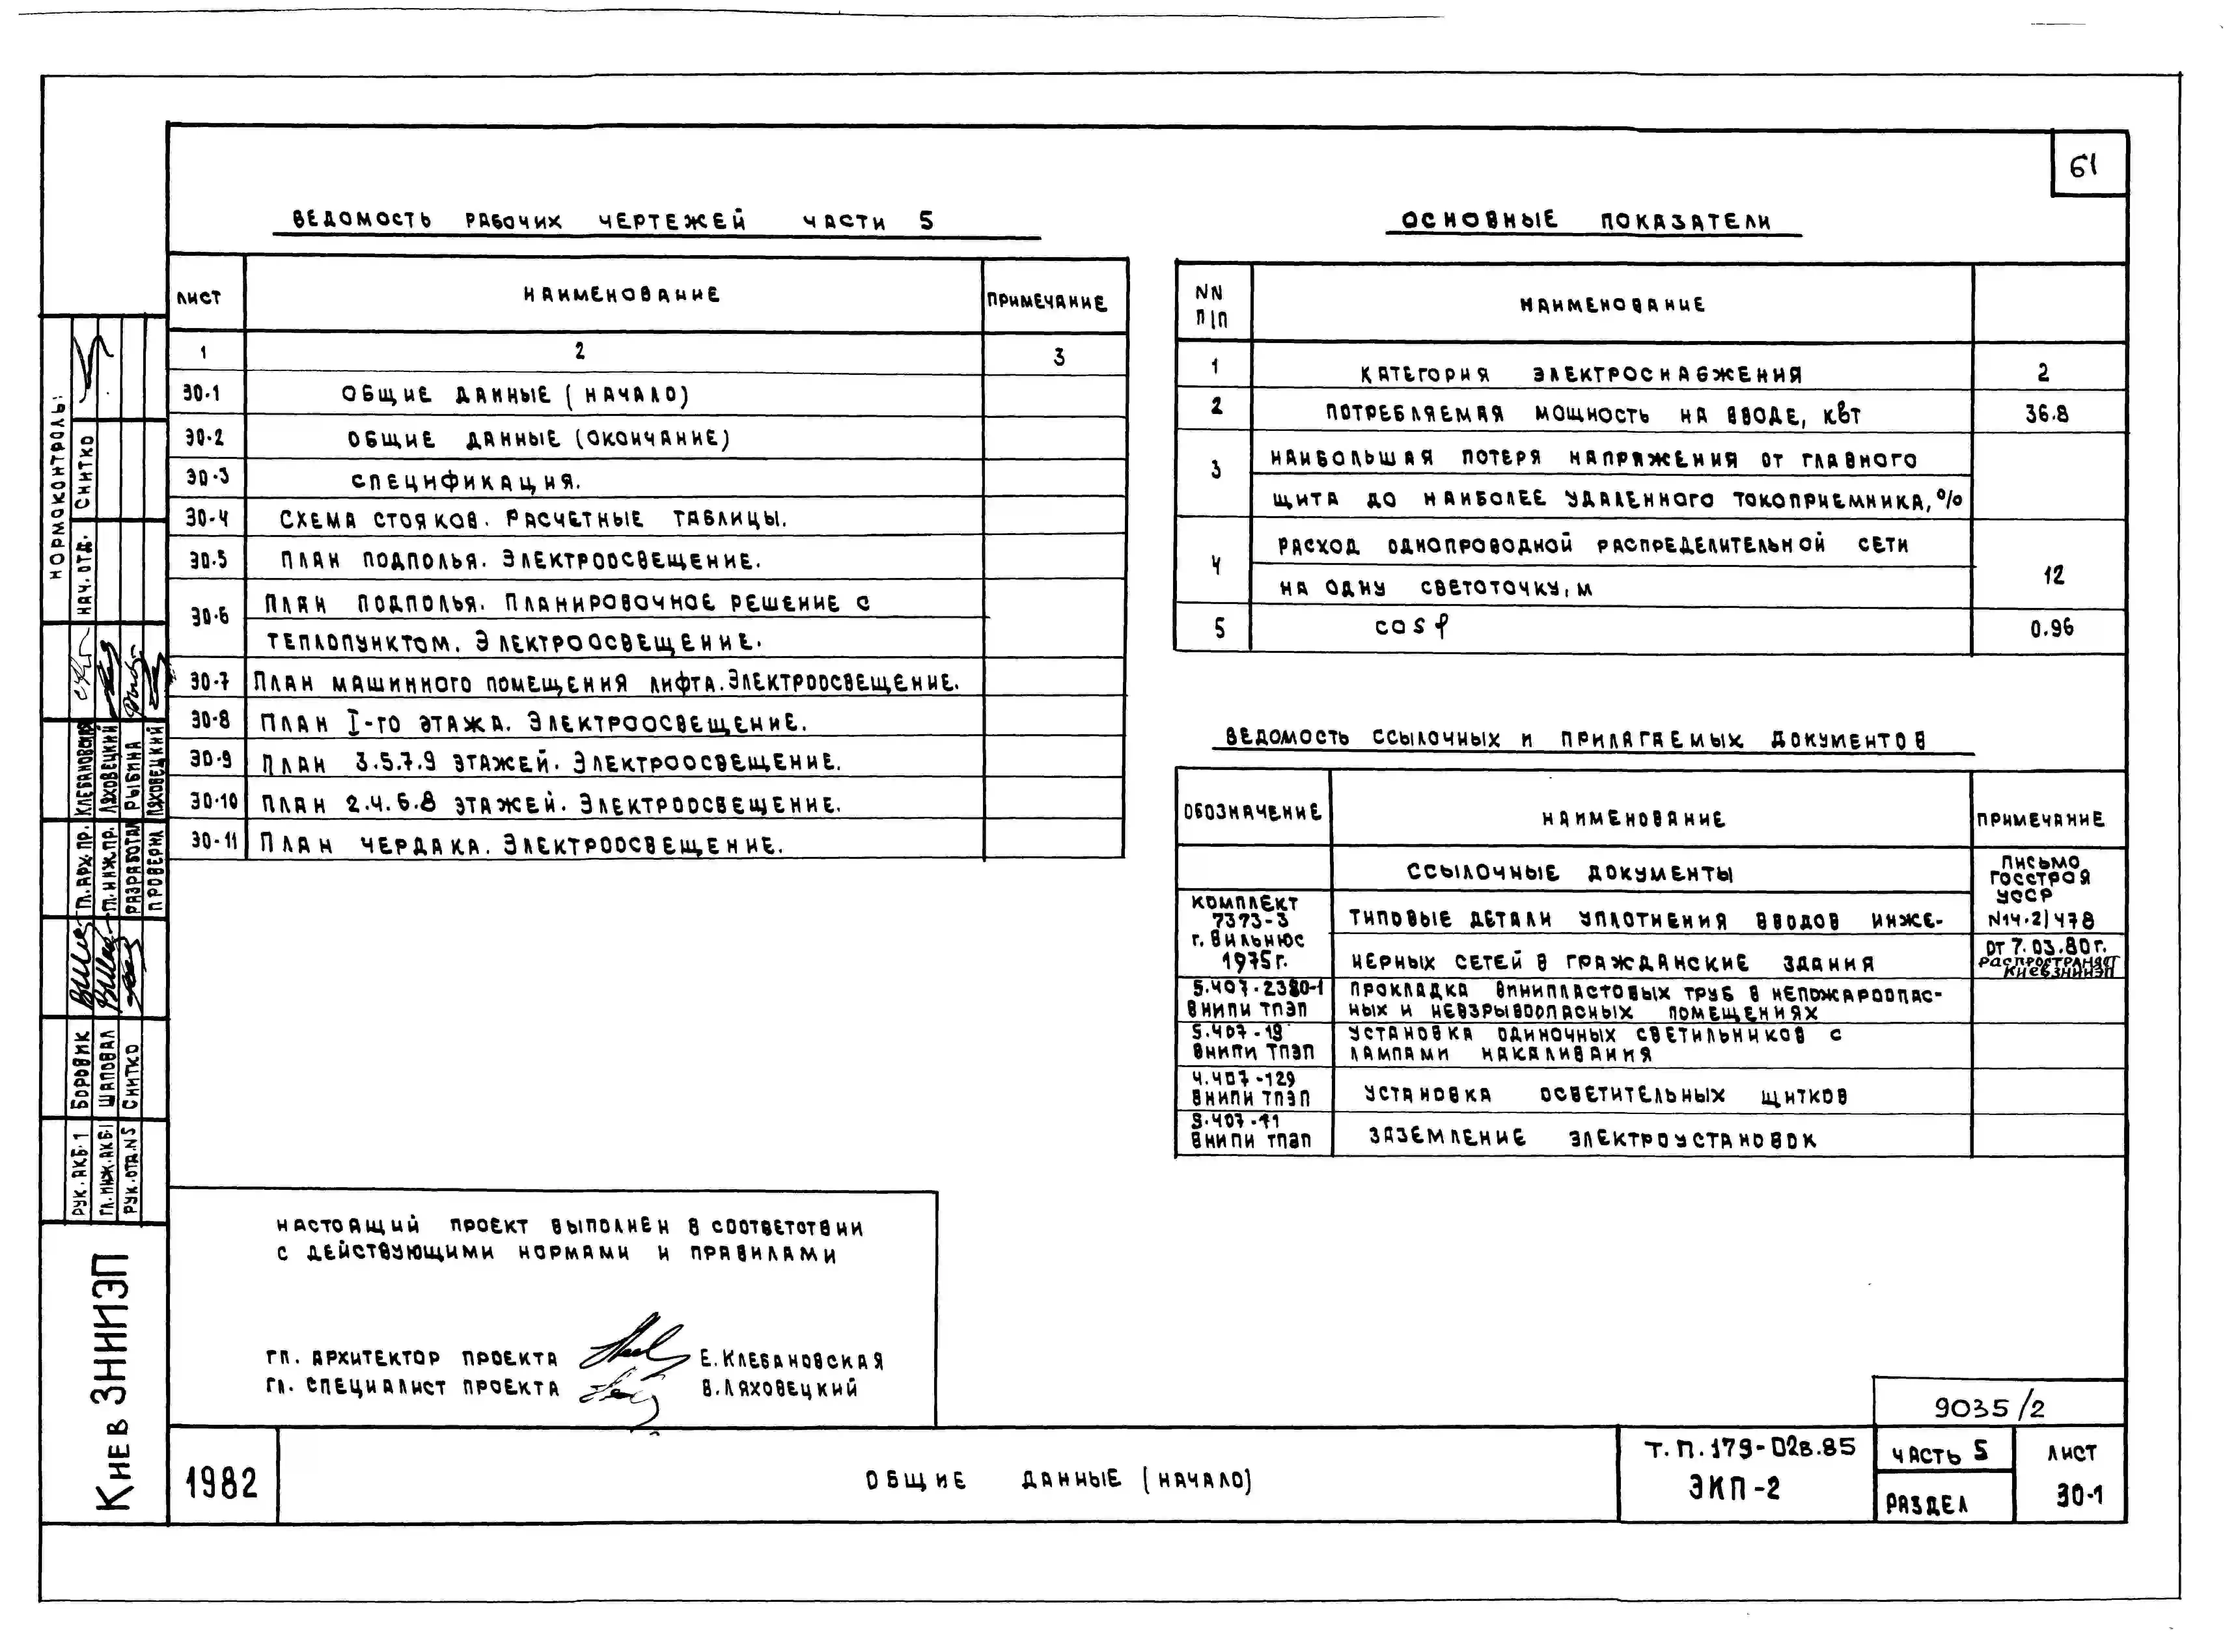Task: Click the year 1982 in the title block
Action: (x=222, y=1483)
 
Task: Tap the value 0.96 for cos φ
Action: (x=2051, y=628)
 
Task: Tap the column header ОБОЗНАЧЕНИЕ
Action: (x=1252, y=811)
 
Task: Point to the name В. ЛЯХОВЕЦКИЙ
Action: (x=779, y=1388)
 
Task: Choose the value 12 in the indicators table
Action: (x=2052, y=575)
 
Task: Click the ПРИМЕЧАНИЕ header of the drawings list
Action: (x=1047, y=302)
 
